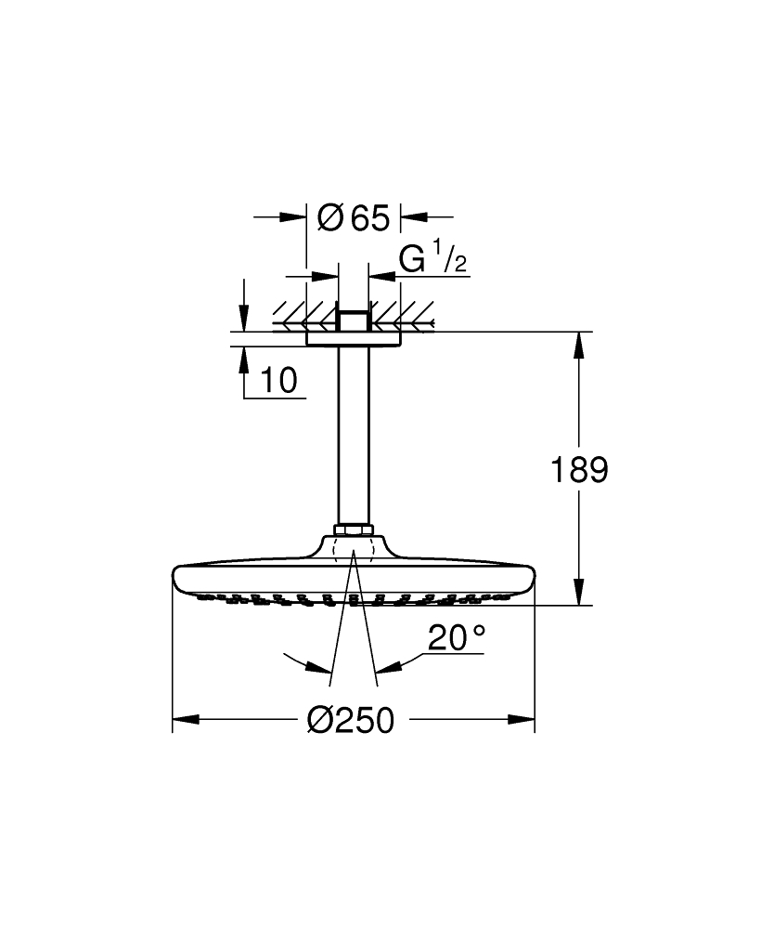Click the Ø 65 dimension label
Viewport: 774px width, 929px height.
coord(353,218)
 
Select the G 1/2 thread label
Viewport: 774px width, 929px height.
coord(432,261)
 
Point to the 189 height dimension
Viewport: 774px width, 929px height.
coord(580,470)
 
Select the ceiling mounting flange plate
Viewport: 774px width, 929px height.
coord(353,338)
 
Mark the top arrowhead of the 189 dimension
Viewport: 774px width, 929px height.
coord(580,345)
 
